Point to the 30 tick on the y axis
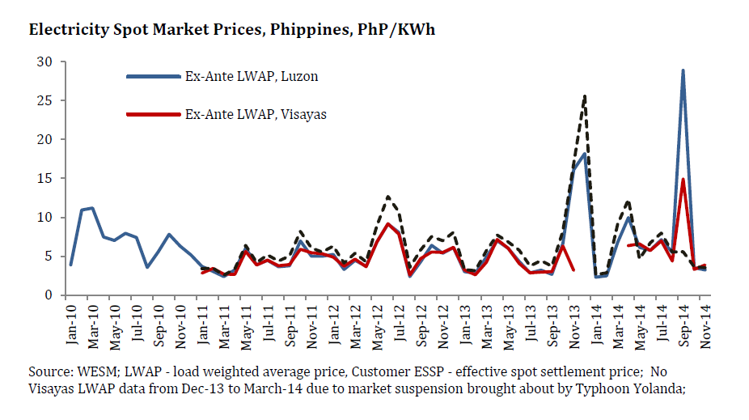tap(45, 62)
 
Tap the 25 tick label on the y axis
tap(45, 101)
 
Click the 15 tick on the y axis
tap(45, 179)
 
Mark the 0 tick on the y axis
tap(49, 295)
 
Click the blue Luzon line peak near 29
tap(683, 70)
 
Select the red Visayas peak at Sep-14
tap(683, 180)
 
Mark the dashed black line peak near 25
tap(585, 96)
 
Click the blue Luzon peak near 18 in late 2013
tap(585, 154)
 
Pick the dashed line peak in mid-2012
tap(388, 197)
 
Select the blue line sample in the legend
tap(154, 76)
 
